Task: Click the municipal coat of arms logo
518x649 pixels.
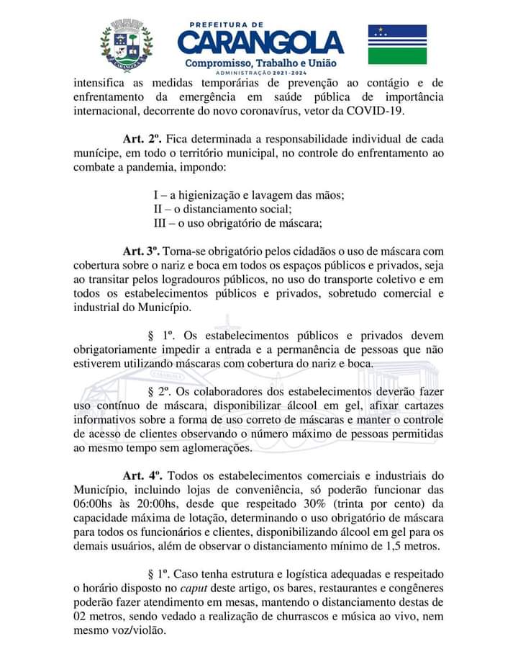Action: point(127,45)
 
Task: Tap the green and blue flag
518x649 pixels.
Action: point(397,45)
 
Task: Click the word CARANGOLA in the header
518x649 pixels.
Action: point(260,44)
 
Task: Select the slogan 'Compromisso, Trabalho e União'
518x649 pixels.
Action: point(260,65)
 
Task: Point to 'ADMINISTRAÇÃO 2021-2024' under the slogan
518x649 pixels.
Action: point(260,75)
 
